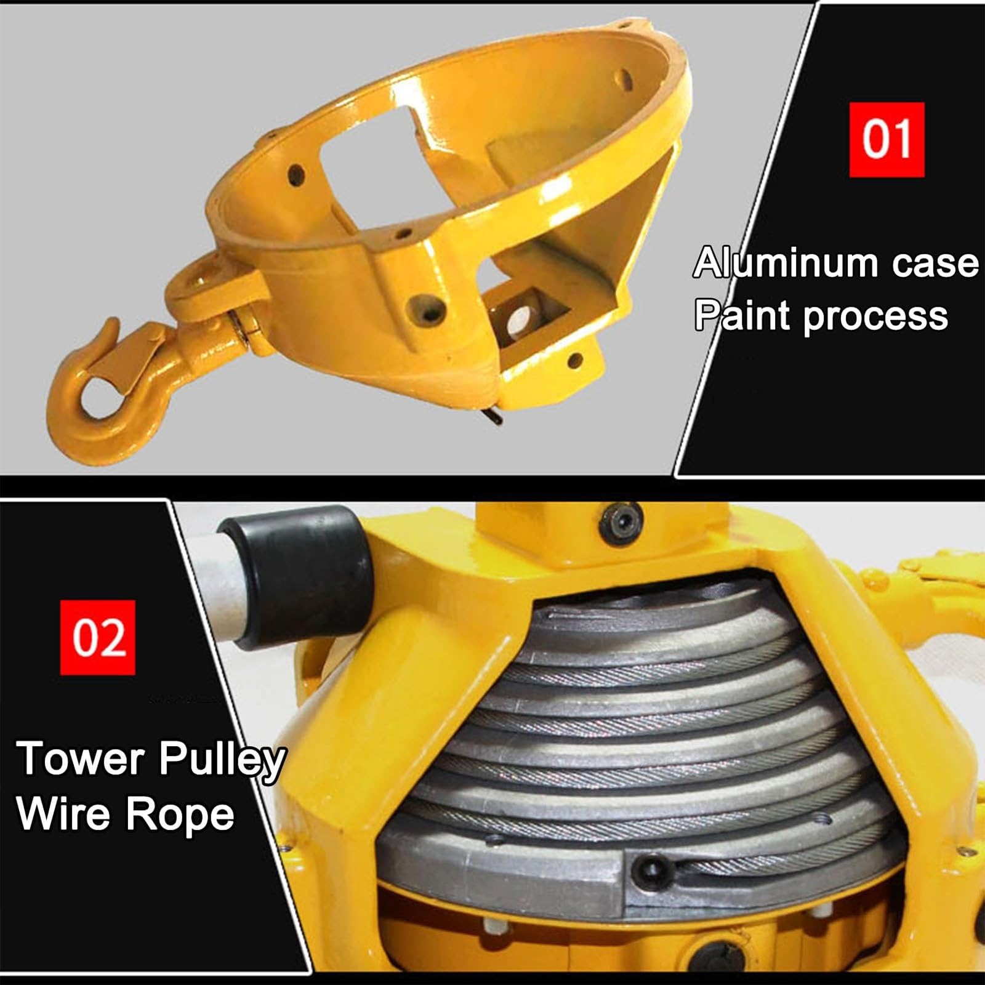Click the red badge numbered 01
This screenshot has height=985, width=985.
click(x=886, y=140)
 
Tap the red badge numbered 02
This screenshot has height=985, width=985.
click(x=98, y=637)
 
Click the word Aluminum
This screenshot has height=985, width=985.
click(x=786, y=263)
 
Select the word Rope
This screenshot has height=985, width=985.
click(x=180, y=817)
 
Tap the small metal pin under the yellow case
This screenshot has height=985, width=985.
click(x=494, y=417)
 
